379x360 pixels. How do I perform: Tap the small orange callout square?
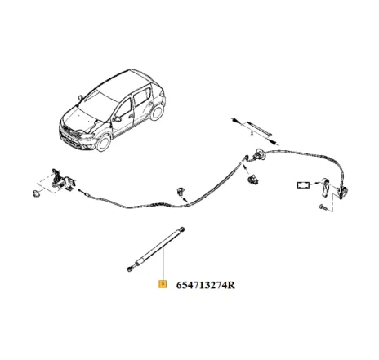tap(163, 285)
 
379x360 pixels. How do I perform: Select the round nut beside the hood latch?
tap(35, 197)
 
